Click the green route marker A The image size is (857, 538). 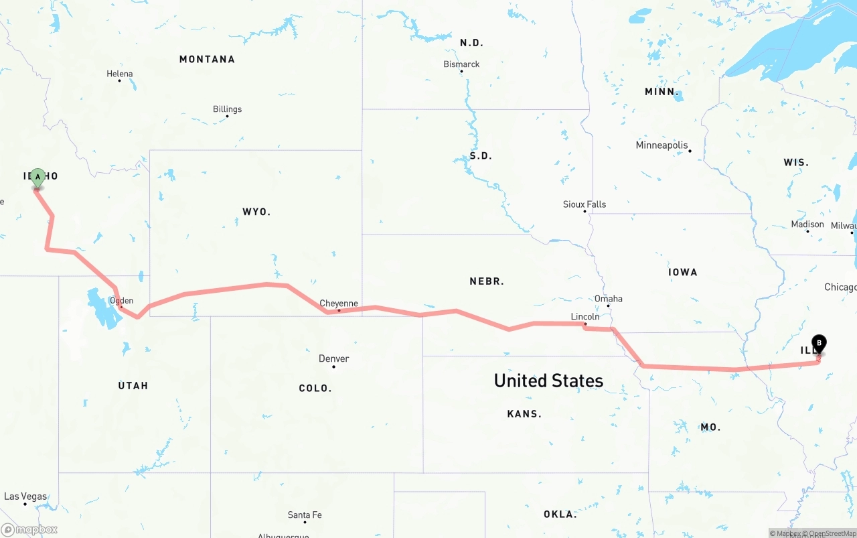tap(38, 178)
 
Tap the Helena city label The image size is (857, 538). tap(120, 74)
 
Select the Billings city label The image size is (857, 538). tap(227, 109)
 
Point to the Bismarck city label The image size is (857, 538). tap(461, 64)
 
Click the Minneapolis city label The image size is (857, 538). tap(661, 145)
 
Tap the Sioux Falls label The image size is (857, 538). tap(584, 204)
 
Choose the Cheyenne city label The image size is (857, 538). tap(338, 304)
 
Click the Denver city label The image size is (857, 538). tap(333, 358)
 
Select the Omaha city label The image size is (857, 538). tap(608, 299)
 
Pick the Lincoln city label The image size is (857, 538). tap(585, 316)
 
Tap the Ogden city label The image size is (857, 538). tap(121, 301)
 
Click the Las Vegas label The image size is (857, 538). tap(25, 496)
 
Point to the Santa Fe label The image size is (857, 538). tap(305, 515)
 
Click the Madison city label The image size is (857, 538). tap(807, 224)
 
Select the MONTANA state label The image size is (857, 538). tap(207, 60)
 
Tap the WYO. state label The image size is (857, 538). tap(256, 212)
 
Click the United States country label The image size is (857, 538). tap(548, 381)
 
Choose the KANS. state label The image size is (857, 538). tap(524, 414)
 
